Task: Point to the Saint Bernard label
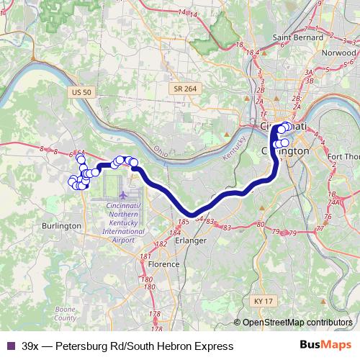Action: (297, 37)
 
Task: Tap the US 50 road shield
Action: (82, 92)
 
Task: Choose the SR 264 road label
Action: (184, 88)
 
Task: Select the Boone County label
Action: (66, 312)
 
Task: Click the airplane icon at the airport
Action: (123, 194)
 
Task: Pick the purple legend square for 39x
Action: (9, 346)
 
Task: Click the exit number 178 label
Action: (155, 315)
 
